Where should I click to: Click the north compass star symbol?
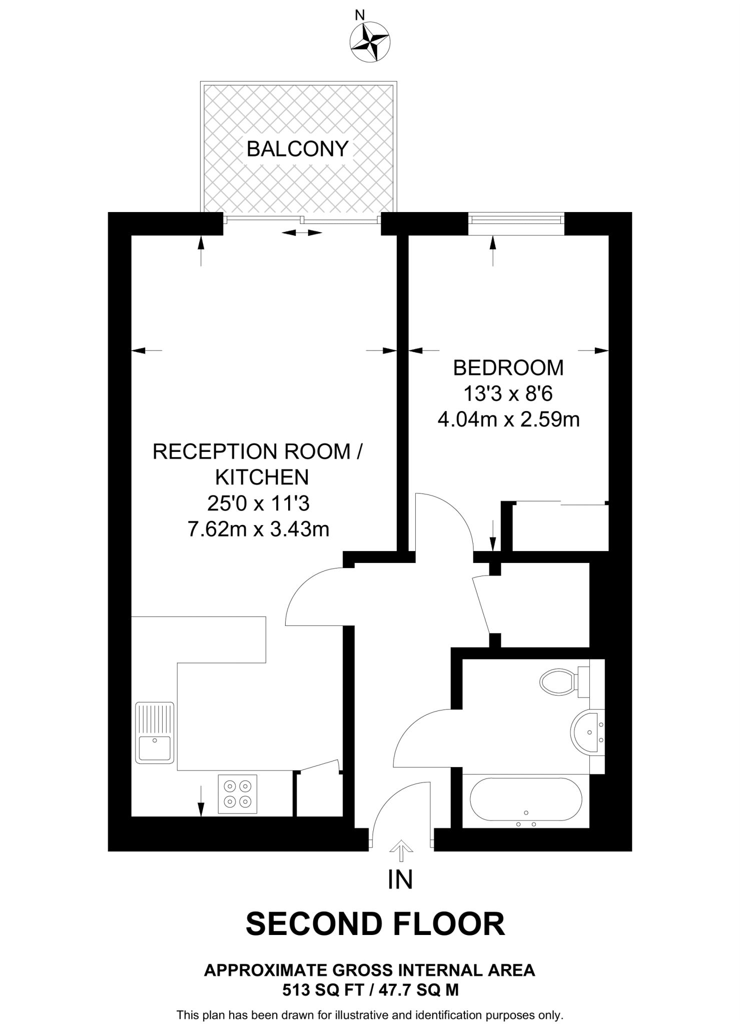(x=370, y=42)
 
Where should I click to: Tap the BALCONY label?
(x=297, y=149)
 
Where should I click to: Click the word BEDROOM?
(x=508, y=368)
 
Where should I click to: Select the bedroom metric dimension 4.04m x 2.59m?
(x=508, y=419)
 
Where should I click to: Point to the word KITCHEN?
(x=262, y=477)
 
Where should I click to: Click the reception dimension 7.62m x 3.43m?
(x=258, y=529)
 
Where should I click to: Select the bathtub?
(x=526, y=800)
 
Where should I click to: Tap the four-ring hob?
(x=238, y=793)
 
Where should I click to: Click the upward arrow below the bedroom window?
(x=493, y=250)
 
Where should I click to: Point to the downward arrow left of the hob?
(x=201, y=800)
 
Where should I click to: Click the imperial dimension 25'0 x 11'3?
(x=258, y=503)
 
